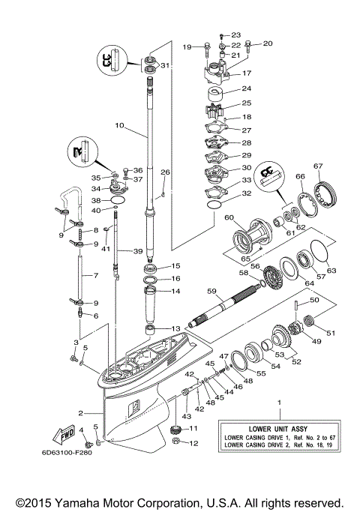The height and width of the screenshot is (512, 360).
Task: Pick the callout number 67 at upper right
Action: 318,166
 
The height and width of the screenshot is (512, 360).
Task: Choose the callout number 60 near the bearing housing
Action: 229,217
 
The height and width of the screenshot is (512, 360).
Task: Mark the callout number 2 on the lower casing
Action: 80,412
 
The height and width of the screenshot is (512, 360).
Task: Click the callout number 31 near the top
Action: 164,65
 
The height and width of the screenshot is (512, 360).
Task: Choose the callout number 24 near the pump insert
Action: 246,88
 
